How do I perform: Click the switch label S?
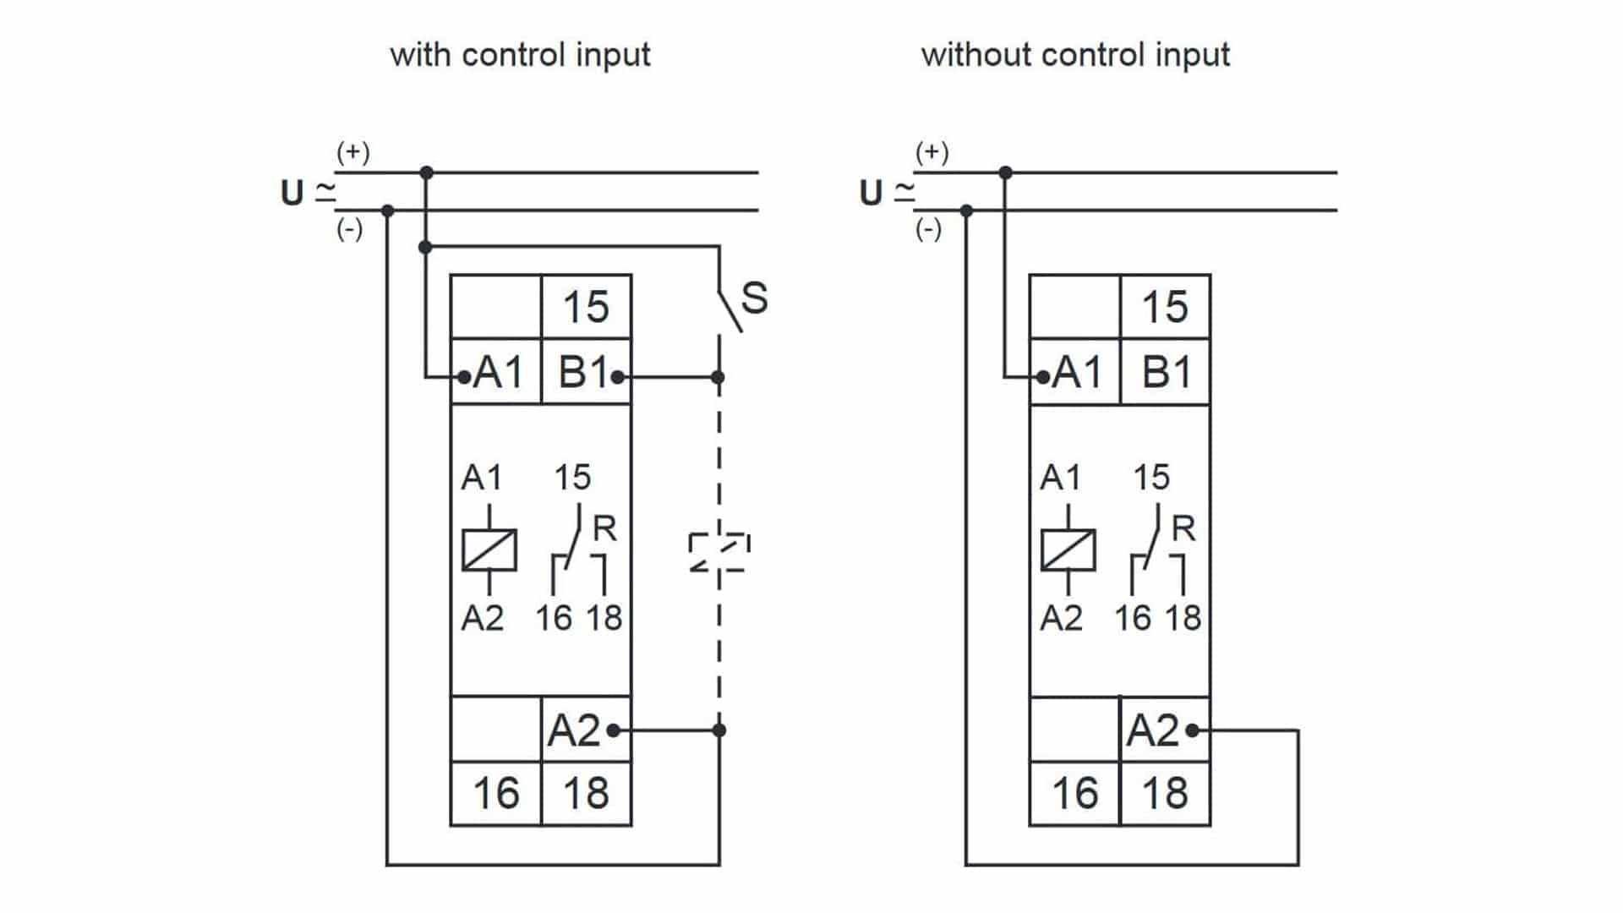coord(754,298)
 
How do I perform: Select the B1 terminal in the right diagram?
coord(1166,372)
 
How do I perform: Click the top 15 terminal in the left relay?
coord(585,307)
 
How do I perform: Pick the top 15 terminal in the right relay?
coord(1165,307)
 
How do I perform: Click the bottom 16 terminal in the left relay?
coord(495,794)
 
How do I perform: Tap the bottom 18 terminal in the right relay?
coord(1165,794)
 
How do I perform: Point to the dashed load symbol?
coord(719,552)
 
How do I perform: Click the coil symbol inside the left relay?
coord(489,549)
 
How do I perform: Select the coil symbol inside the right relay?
coord(1068,549)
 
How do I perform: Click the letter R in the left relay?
coord(604,529)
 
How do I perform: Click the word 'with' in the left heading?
coord(420,55)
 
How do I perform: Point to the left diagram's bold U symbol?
coord(292,193)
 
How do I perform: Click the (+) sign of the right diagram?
coord(932,152)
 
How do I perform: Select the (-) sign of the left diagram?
coord(349,229)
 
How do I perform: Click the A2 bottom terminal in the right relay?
coord(1153,730)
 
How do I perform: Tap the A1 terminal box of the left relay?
coord(496,372)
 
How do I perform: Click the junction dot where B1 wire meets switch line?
coord(718,377)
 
